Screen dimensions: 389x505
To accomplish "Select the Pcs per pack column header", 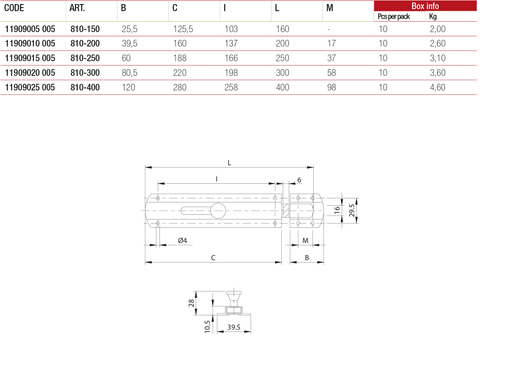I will [x=393, y=17].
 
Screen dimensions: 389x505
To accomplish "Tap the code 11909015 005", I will [x=30, y=58].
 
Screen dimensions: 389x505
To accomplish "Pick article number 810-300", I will [x=85, y=73].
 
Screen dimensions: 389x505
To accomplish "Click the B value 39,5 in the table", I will [x=130, y=43].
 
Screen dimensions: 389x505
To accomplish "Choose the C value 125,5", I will [x=183, y=29].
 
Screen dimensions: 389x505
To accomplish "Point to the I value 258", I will [x=231, y=87].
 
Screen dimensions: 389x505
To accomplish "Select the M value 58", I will [x=331, y=73].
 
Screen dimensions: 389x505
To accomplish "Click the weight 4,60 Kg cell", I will [x=437, y=87].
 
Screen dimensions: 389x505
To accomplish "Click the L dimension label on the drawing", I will [x=229, y=163].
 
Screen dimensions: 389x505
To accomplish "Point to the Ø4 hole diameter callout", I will [x=182, y=240].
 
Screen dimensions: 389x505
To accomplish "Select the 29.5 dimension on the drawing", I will [x=352, y=210].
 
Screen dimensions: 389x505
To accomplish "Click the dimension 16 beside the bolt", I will [x=337, y=210].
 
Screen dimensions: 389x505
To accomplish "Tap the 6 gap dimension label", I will [x=299, y=180].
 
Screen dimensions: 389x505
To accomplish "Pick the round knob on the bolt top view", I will [x=218, y=211].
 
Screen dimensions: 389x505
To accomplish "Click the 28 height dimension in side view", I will [x=191, y=303].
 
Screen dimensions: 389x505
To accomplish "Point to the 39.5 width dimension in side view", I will [x=234, y=327].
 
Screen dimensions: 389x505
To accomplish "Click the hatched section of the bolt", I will [x=286, y=211].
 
